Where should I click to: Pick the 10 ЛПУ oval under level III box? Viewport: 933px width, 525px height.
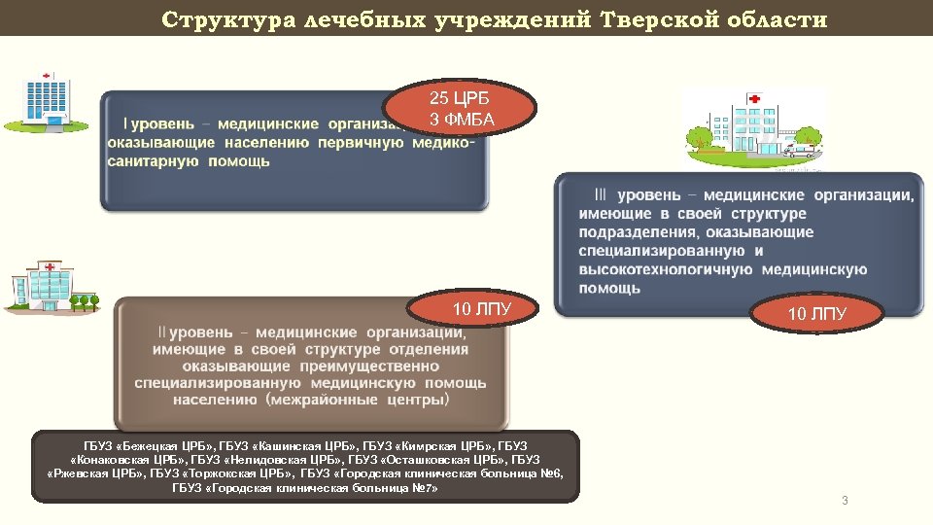[816, 314]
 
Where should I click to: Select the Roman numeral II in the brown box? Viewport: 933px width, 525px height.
[161, 332]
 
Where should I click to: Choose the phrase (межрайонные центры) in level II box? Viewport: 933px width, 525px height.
[361, 400]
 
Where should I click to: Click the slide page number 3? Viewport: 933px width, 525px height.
[845, 501]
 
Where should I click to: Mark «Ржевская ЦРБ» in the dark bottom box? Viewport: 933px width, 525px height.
[95, 473]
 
